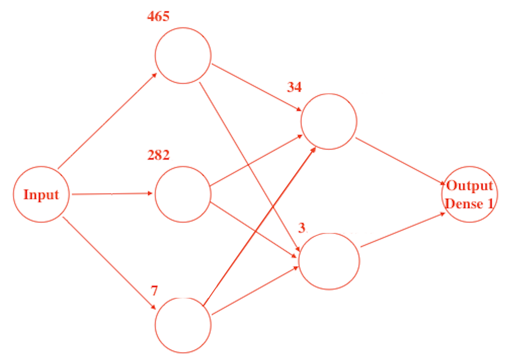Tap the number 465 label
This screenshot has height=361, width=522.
[158, 17]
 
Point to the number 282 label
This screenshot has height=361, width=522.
[158, 155]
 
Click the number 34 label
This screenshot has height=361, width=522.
[294, 87]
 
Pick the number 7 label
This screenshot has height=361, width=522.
[154, 291]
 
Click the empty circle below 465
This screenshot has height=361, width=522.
[183, 55]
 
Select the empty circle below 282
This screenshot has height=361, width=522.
[183, 194]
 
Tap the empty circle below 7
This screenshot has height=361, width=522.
[183, 325]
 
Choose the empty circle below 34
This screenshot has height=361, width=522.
[329, 121]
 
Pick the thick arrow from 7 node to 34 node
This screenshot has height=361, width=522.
[258, 226]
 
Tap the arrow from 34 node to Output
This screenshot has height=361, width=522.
[401, 161]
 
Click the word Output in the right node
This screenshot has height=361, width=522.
[470, 186]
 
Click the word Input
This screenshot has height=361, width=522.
[41, 194]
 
